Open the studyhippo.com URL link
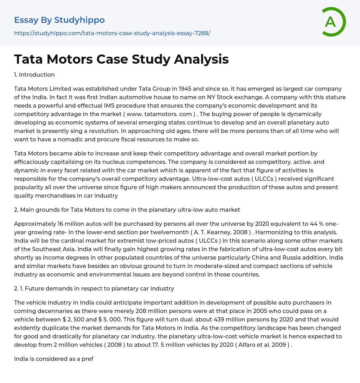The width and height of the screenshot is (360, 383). pyautogui.click(x=112, y=33)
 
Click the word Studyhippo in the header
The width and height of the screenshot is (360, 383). pyautogui.click(x=79, y=20)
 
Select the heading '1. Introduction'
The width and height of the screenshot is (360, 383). pyautogui.click(x=34, y=75)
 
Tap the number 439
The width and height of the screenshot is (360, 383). pyautogui.click(x=127, y=319)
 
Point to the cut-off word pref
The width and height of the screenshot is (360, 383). pyautogui.click(x=88, y=359)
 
